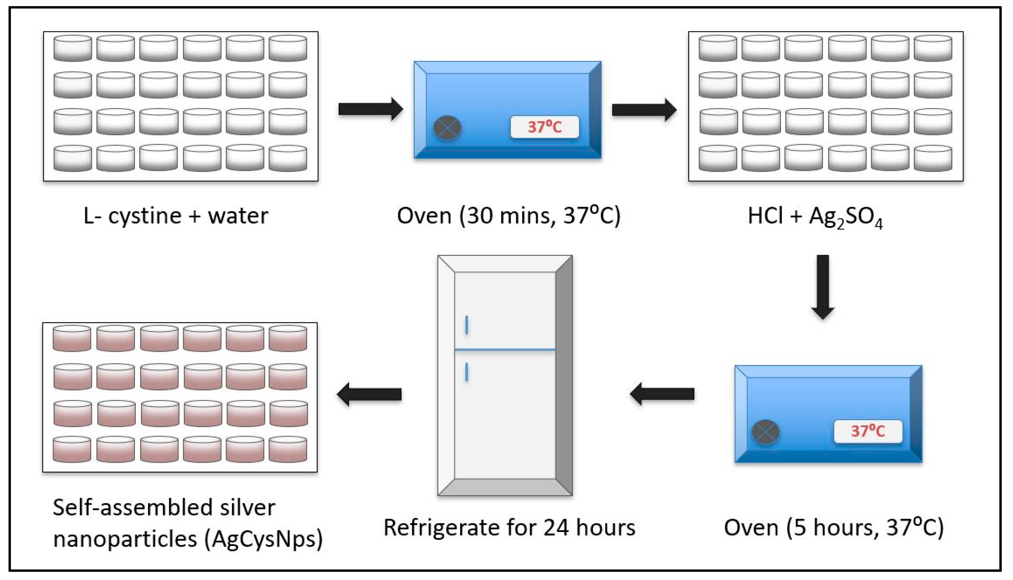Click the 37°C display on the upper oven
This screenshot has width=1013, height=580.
(545, 127)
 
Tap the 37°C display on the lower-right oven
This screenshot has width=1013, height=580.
(868, 431)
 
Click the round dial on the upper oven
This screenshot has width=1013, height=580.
(447, 128)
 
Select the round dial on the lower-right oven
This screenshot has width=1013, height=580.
(766, 432)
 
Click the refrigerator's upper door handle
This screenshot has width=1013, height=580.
(466, 325)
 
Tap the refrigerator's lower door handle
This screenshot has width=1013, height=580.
(466, 372)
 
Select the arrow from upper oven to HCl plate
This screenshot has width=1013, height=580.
(644, 110)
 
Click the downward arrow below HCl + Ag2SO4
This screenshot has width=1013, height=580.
(823, 287)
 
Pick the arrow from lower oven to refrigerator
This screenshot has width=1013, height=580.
(662, 394)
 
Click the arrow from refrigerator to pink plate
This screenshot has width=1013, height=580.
(369, 394)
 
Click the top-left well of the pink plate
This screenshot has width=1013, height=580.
(72, 339)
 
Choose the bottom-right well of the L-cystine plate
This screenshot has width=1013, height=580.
(287, 159)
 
